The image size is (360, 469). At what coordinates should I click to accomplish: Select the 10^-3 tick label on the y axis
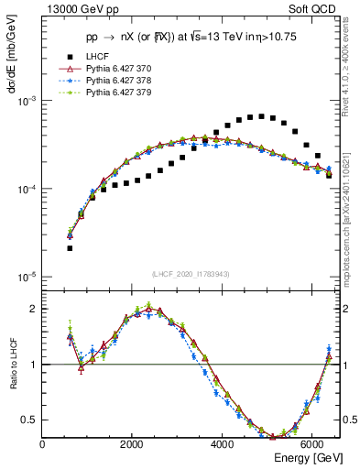click(x=27, y=101)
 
